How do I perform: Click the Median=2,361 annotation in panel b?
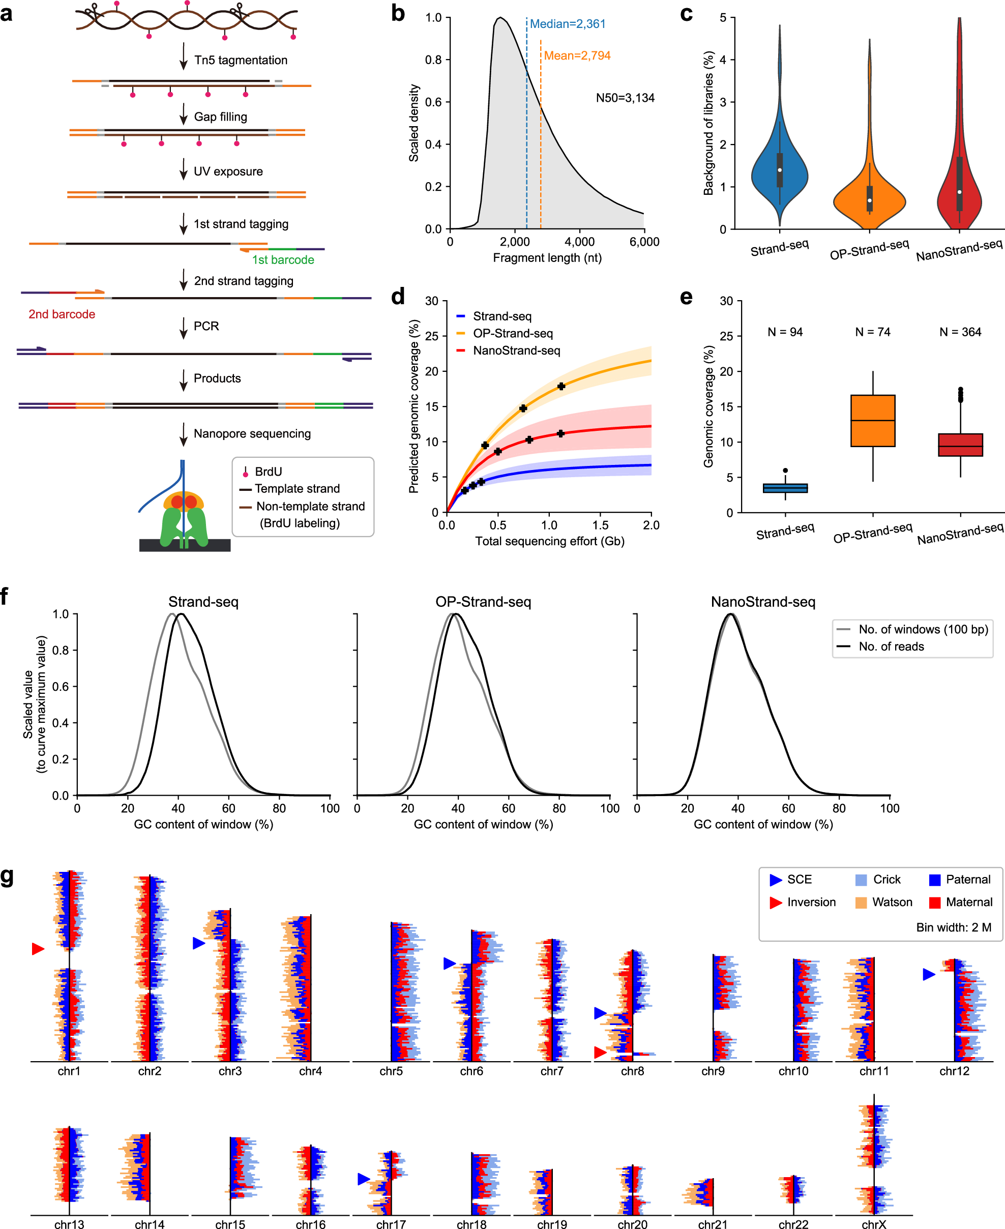click(567, 24)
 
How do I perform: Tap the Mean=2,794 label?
click(577, 56)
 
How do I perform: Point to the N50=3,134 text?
click(625, 98)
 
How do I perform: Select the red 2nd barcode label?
click(62, 314)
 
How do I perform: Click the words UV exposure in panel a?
click(227, 172)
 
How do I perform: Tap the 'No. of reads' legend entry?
click(891, 647)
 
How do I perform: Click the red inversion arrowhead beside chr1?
click(38, 949)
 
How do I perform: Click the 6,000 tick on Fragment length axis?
click(644, 242)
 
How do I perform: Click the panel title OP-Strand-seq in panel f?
click(483, 602)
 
